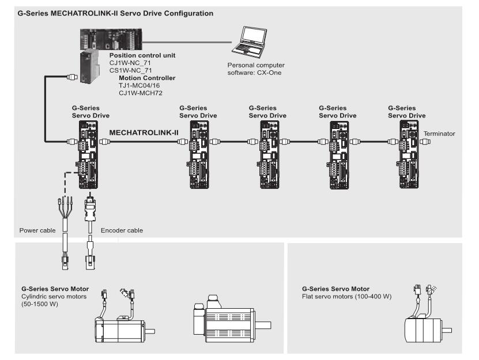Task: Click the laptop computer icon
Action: click(249, 42)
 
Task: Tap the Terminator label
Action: click(439, 134)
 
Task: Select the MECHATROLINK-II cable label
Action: click(144, 133)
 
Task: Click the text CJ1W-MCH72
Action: click(141, 93)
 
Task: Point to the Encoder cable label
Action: click(122, 230)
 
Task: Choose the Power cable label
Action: click(37, 230)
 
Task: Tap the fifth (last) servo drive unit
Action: click(409, 154)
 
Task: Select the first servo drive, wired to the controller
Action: click(88, 154)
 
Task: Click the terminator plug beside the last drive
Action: click(425, 142)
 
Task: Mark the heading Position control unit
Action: click(142, 55)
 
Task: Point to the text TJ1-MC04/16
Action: click(139, 85)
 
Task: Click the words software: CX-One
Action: click(254, 73)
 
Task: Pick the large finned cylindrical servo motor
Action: click(232, 319)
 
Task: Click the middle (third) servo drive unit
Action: click(269, 154)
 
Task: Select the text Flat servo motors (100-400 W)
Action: click(347, 297)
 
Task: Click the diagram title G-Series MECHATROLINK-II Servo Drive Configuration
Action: click(115, 13)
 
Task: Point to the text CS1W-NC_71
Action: click(130, 70)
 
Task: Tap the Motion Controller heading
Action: click(147, 78)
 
